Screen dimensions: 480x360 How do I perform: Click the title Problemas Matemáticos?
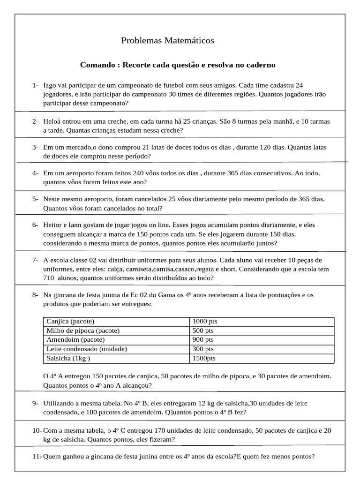click(167, 41)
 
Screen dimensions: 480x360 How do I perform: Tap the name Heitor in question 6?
click(53, 225)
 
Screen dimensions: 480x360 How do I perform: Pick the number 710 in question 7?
click(50, 278)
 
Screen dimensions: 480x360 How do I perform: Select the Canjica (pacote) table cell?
click(70, 322)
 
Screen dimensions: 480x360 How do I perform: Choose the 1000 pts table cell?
click(205, 322)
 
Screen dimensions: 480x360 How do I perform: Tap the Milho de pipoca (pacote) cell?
click(83, 330)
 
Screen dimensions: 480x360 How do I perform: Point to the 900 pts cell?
click(203, 340)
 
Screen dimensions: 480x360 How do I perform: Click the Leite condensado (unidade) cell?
click(87, 349)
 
